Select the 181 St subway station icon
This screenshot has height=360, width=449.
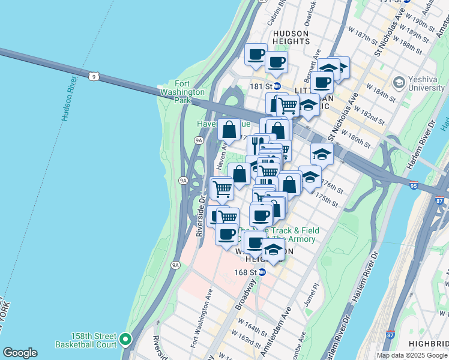click(x=277, y=86)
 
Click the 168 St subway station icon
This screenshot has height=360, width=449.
click(x=262, y=272)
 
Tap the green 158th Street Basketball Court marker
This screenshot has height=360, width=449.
click(x=125, y=340)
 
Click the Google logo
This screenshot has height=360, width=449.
click(x=20, y=353)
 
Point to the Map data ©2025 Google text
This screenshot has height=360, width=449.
click(x=412, y=355)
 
